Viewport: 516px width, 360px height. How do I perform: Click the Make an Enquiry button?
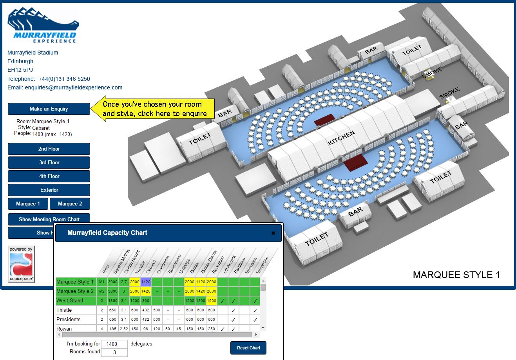click(x=49, y=109)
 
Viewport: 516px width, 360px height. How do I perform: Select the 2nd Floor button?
click(x=49, y=149)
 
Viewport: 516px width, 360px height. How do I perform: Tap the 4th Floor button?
click(x=49, y=176)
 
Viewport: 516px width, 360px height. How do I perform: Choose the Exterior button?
click(x=49, y=190)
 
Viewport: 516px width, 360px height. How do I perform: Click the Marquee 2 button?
click(x=70, y=204)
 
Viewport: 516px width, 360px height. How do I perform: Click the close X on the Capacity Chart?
click(x=273, y=233)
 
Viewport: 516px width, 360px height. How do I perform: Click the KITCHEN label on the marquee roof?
click(x=341, y=138)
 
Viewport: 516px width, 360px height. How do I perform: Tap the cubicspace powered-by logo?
click(x=22, y=264)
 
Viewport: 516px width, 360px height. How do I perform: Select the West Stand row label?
click(x=70, y=301)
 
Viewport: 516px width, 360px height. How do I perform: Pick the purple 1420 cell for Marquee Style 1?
click(x=146, y=282)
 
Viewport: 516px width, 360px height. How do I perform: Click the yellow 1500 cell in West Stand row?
click(x=212, y=301)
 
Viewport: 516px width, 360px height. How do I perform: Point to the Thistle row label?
click(x=64, y=310)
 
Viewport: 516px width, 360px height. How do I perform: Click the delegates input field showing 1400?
click(x=114, y=344)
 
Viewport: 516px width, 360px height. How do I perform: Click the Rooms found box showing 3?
click(x=114, y=352)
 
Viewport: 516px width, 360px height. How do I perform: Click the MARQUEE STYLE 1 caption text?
click(x=456, y=275)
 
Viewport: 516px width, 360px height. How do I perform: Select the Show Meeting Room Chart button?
click(x=49, y=219)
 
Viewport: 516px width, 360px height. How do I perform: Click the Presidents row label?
click(x=69, y=320)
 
